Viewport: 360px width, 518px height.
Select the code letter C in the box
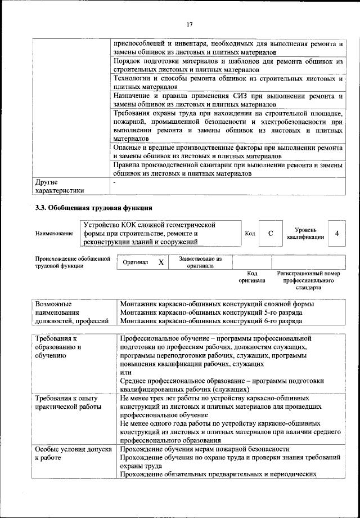(x=271, y=233)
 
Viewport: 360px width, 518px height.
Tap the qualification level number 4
(x=336, y=233)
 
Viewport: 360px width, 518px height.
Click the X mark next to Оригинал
(x=161, y=262)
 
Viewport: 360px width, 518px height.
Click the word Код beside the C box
(x=250, y=233)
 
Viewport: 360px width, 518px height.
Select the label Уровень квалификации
(x=305, y=233)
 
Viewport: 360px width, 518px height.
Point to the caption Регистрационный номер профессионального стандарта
(x=309, y=280)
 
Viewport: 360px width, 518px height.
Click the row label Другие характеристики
(x=60, y=186)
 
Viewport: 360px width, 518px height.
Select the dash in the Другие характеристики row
(x=114, y=183)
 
